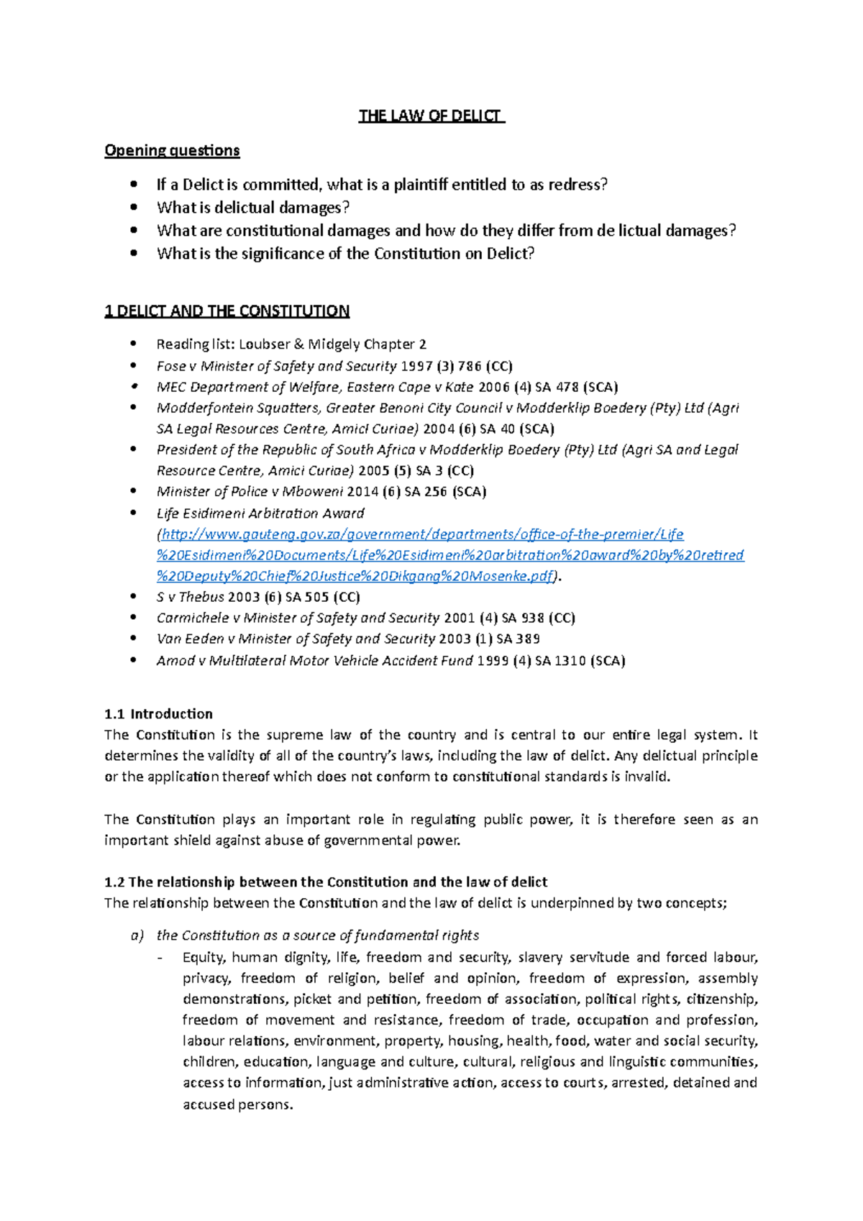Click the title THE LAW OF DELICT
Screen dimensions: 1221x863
(431, 116)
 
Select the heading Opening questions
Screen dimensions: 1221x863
(172, 150)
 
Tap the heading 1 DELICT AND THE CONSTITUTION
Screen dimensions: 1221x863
(227, 311)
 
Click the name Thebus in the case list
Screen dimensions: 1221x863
(201, 597)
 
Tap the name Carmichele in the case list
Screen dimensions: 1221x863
(192, 618)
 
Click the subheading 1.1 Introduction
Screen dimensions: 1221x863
(158, 714)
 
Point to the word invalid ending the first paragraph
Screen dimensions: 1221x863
(646, 777)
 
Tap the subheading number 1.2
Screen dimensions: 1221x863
(114, 882)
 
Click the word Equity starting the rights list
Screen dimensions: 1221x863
(204, 957)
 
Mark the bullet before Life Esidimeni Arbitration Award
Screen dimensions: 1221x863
(133, 513)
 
